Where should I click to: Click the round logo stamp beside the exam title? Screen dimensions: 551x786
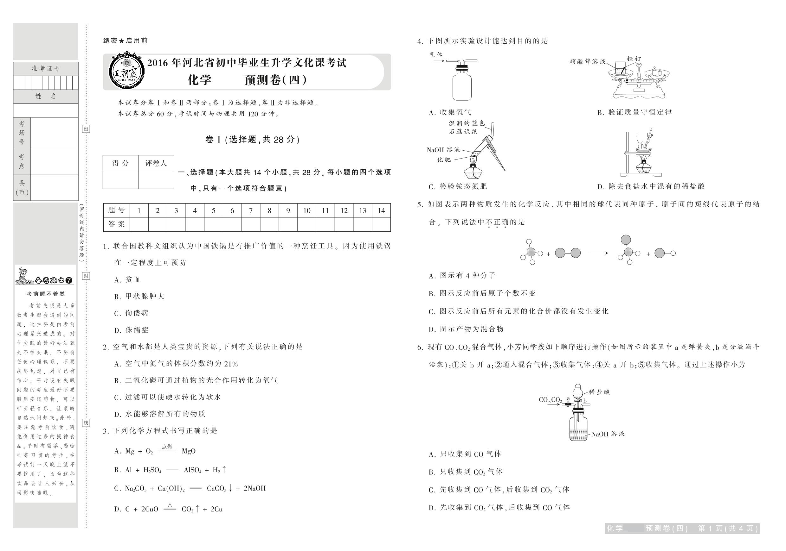click(126, 72)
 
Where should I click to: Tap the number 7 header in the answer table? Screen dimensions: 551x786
click(251, 210)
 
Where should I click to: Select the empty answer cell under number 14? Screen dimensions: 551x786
click(381, 224)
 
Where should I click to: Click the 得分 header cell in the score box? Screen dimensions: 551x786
click(120, 163)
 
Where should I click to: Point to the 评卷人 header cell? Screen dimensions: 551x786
click(156, 163)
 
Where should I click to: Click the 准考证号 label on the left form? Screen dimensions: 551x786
click(46, 69)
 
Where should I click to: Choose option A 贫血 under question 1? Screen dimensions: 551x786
click(127, 279)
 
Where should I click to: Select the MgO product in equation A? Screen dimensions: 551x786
click(189, 451)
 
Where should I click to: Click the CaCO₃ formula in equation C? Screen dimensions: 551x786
click(216, 488)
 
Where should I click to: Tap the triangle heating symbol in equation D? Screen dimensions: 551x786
click(170, 505)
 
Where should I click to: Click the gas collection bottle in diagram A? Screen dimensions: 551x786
click(462, 86)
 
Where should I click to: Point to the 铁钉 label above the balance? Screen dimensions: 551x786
click(634, 59)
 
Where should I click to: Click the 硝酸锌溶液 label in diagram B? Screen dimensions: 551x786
click(587, 62)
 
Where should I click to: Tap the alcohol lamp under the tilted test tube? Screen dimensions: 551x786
click(473, 172)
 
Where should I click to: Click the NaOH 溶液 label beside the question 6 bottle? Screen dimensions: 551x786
click(608, 434)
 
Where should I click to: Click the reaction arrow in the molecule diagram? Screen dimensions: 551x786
click(599, 253)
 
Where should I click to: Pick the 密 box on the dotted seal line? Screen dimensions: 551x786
click(86, 129)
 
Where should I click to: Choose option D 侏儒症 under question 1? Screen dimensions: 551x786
click(132, 330)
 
